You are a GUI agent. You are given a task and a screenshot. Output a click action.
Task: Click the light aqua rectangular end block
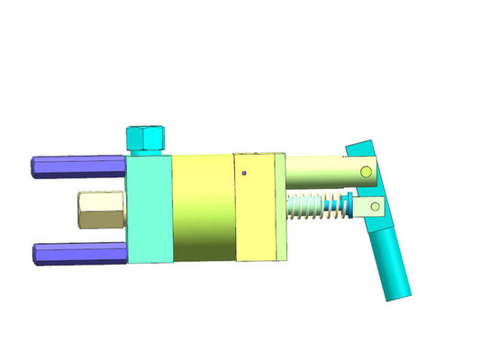(150, 209)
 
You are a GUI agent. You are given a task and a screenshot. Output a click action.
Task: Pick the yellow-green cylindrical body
(203, 209)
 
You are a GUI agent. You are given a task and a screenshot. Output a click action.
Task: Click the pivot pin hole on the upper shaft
(366, 171)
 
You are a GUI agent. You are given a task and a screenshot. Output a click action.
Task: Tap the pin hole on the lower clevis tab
(369, 208)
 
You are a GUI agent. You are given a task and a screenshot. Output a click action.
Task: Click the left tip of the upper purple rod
(33, 166)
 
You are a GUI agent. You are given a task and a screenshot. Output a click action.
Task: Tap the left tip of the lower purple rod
(37, 252)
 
